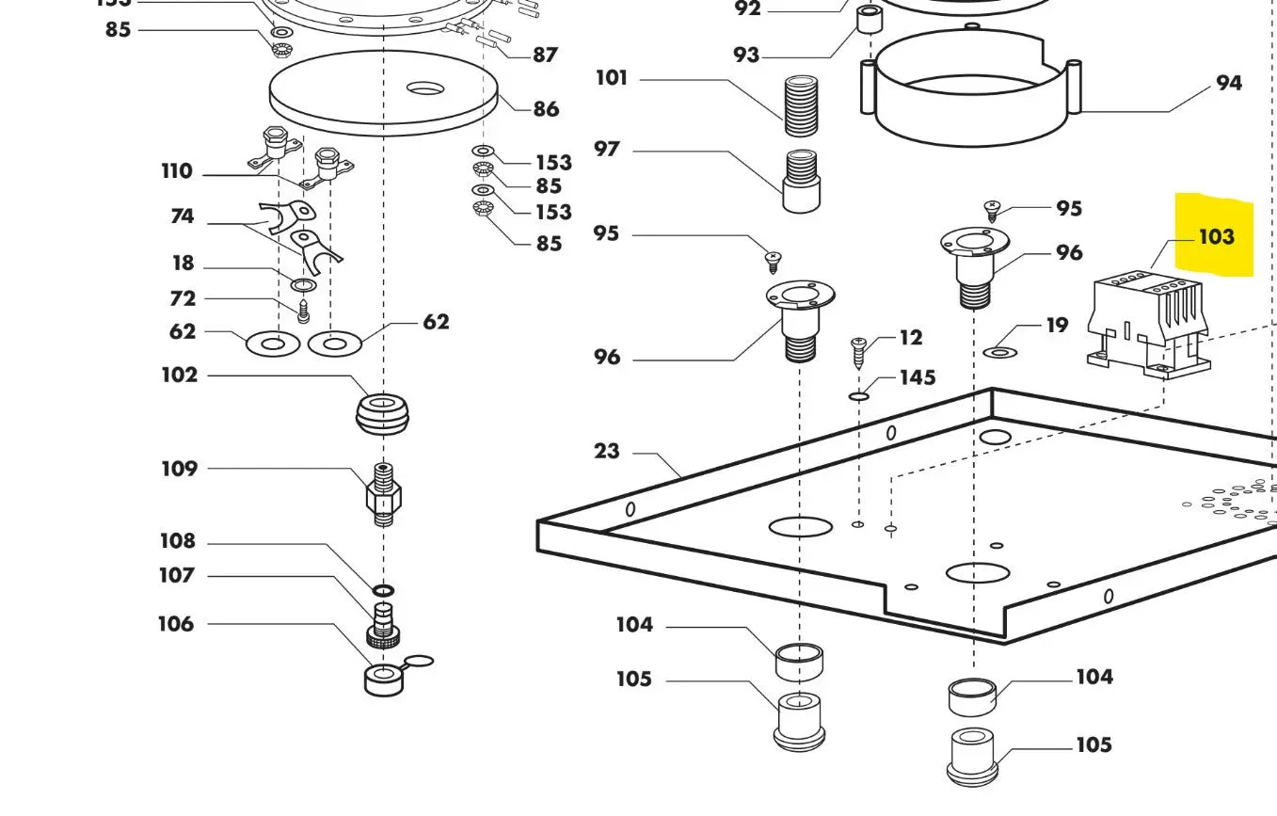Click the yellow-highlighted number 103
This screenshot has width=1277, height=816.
click(1216, 236)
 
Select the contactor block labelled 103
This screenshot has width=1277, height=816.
click(1147, 323)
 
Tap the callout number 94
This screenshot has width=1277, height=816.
click(1228, 83)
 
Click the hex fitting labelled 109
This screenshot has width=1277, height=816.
click(383, 494)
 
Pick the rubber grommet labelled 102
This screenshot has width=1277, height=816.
click(383, 415)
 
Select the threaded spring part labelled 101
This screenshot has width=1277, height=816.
click(801, 108)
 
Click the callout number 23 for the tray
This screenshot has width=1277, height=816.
click(607, 451)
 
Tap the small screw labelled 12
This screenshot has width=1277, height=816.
click(858, 355)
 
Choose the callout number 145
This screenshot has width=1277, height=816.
click(918, 377)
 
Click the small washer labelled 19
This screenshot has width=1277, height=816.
click(999, 352)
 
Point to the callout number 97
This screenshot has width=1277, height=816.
click(607, 149)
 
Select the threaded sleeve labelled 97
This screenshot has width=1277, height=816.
click(802, 181)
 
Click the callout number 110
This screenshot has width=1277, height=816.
click(176, 171)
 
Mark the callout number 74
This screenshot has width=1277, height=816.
click(182, 216)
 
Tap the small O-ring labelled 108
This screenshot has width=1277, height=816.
click(383, 590)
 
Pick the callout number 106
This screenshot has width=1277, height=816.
click(175, 623)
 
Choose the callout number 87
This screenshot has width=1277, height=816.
click(545, 55)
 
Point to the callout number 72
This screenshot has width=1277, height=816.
click(183, 298)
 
